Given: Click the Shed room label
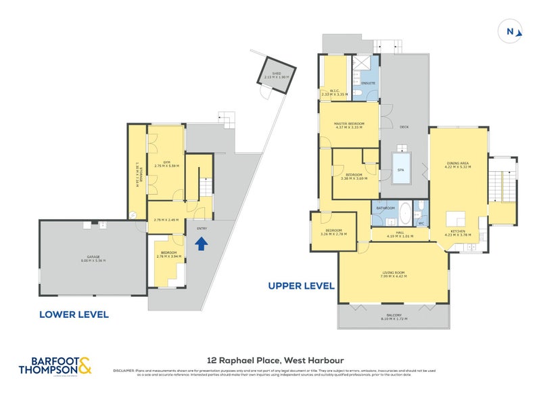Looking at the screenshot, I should (x=276, y=75).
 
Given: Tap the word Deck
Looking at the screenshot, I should (x=404, y=126).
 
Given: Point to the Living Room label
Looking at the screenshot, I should (x=392, y=273).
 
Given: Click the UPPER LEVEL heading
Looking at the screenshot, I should (x=302, y=285).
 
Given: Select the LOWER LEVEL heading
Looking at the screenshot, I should (x=74, y=315).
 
